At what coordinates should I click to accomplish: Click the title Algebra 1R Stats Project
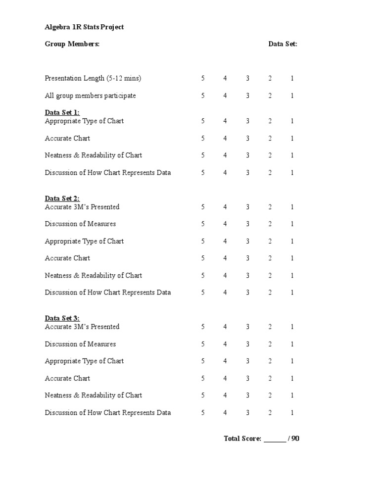click(x=84, y=27)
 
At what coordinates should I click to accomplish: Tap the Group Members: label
click(x=72, y=44)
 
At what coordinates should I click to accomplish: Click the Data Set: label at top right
click(x=283, y=44)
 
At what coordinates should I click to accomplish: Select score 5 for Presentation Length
click(x=203, y=78)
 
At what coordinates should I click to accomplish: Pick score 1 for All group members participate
click(x=292, y=96)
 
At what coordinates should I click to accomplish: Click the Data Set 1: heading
click(x=62, y=113)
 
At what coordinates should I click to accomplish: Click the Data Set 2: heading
click(x=62, y=198)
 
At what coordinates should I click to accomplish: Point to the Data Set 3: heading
click(x=62, y=318)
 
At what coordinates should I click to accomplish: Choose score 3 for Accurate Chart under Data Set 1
click(x=248, y=138)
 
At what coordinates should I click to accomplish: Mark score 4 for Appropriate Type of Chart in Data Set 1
click(x=225, y=121)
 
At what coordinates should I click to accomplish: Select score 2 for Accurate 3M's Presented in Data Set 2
click(x=270, y=207)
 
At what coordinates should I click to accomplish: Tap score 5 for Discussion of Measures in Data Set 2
click(x=203, y=224)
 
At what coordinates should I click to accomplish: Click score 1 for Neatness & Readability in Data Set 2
click(x=292, y=275)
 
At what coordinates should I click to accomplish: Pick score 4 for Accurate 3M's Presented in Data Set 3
click(x=225, y=327)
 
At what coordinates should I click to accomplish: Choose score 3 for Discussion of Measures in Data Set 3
click(x=248, y=344)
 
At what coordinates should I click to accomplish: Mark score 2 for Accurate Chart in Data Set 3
click(x=270, y=378)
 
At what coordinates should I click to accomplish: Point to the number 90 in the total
click(x=295, y=439)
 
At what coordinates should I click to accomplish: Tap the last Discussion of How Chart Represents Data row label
click(x=108, y=412)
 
